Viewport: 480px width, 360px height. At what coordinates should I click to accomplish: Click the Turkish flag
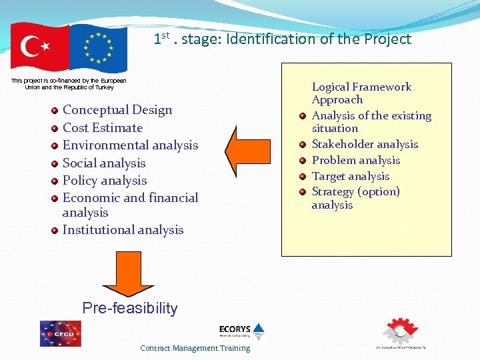39,47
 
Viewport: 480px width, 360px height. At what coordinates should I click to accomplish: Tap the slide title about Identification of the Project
282,39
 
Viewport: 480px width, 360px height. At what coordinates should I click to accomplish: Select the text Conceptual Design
117,110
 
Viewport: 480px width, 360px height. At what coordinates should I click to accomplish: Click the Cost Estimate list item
102,127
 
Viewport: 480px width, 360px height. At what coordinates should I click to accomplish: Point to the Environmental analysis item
130,145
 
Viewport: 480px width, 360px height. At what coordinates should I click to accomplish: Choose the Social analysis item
103,163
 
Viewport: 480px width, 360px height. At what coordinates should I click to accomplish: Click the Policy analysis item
104,180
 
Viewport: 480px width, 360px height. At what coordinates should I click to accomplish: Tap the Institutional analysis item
123,229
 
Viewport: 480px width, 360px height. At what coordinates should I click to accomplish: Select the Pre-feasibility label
130,308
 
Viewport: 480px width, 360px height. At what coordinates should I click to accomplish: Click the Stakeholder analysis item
365,144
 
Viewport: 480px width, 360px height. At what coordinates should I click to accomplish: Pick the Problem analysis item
356,160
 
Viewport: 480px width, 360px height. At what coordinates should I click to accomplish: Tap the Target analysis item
350,176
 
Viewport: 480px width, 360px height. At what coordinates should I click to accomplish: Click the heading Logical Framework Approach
361,93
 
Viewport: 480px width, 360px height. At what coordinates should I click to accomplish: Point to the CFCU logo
60,333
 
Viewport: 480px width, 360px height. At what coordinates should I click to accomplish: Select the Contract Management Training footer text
195,348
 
